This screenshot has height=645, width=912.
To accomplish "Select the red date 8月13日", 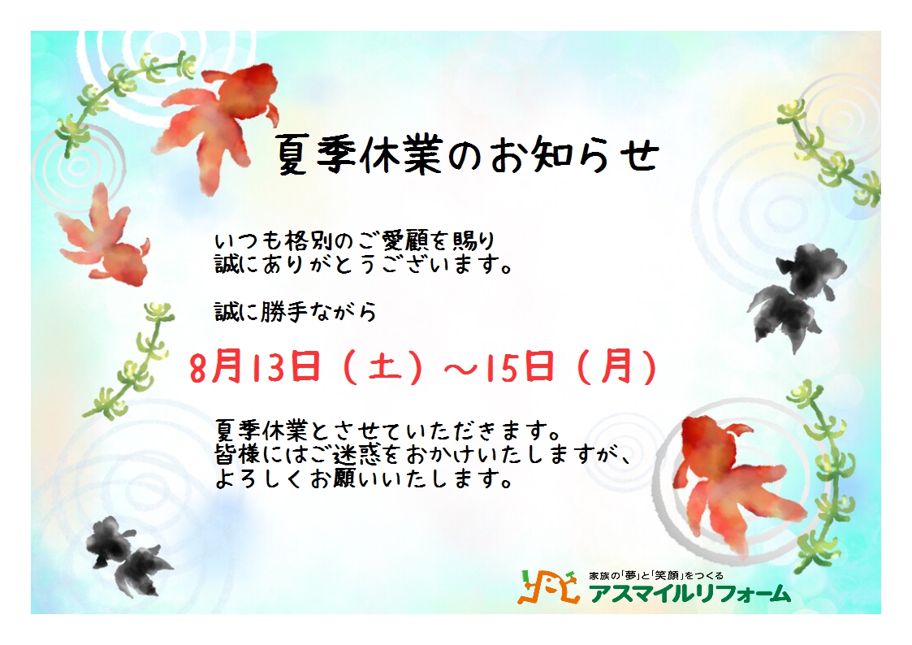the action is pyautogui.click(x=255, y=367).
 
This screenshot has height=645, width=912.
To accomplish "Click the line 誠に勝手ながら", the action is pyautogui.click(x=295, y=312).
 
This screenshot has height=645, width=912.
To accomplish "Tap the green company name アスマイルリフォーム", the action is pyautogui.click(x=689, y=593).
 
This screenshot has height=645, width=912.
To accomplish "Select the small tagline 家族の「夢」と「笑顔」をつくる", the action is pyautogui.click(x=656, y=575).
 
